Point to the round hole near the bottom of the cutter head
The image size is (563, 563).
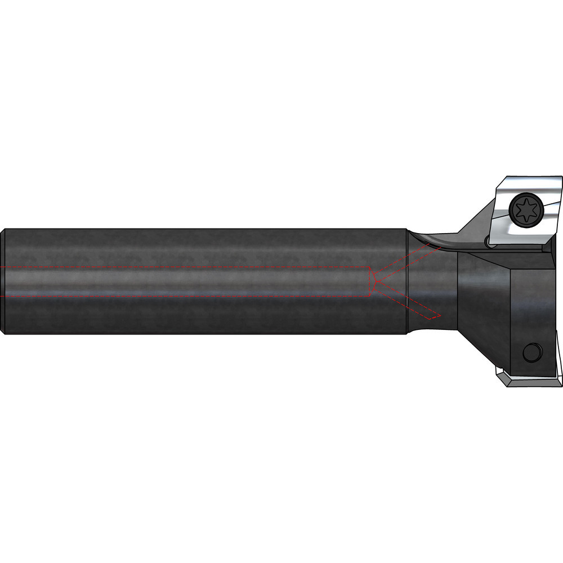point(530,353)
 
